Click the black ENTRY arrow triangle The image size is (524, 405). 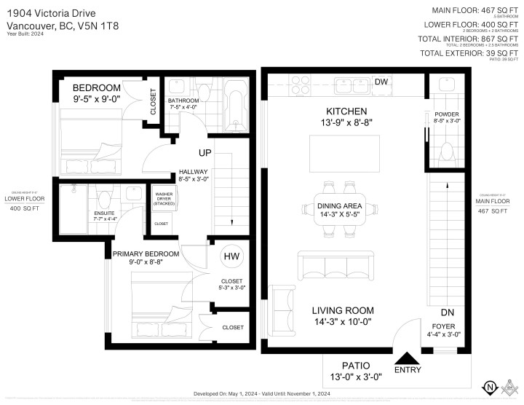405,358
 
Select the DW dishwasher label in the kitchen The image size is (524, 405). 381,82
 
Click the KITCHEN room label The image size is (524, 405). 346,111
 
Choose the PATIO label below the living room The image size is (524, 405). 357,365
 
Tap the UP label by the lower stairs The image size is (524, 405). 206,153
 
